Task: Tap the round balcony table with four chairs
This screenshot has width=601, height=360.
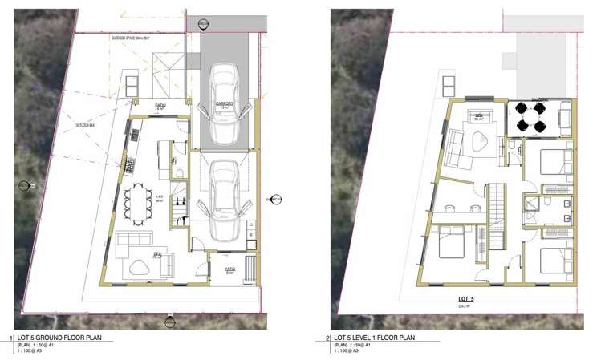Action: coord(532,116)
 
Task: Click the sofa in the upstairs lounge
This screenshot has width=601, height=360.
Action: coord(455,145)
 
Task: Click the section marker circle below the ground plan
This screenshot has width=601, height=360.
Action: coord(170,323)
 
